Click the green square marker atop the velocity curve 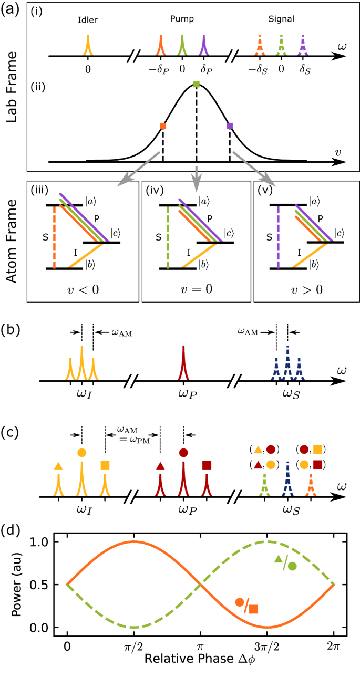(196, 85)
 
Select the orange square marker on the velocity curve (163, 126)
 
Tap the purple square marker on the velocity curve (230, 126)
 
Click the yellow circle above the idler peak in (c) (81, 452)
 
